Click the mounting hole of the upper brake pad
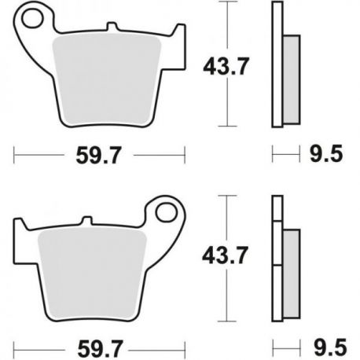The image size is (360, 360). [x=32, y=18]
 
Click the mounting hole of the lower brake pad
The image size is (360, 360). [x=166, y=211]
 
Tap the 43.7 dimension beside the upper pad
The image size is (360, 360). [x=226, y=67]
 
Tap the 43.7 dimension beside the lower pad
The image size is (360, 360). [x=225, y=255]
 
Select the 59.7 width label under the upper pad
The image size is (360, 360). [x=99, y=156]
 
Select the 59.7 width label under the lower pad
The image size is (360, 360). [x=100, y=349]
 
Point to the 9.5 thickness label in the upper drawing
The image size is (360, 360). [x=326, y=154]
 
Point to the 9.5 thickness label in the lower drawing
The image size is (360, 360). [x=330, y=347]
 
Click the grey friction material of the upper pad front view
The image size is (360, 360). [x=106, y=80]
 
